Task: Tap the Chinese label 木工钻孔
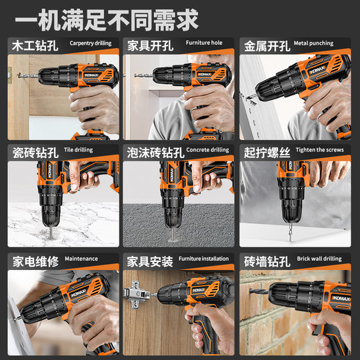coord(34,46)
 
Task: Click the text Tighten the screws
coord(320,150)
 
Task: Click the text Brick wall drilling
coord(319,259)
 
